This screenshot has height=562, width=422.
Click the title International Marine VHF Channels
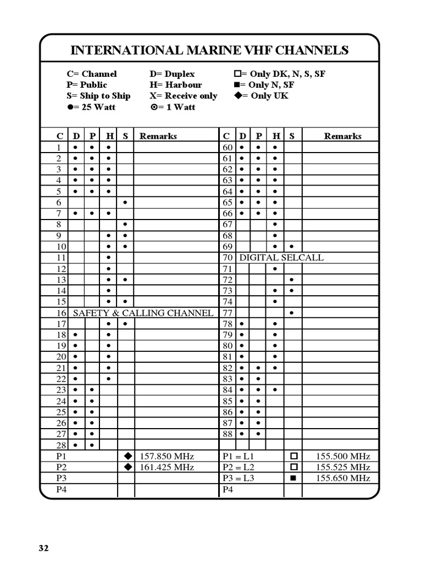[x=209, y=50]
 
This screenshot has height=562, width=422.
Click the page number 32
[x=44, y=548]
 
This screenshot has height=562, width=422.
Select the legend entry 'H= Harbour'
[x=175, y=85]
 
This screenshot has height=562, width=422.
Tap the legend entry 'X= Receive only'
[x=183, y=95]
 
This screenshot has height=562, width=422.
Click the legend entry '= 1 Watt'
[x=173, y=107]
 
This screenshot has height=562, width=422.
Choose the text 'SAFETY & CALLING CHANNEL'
[x=143, y=313]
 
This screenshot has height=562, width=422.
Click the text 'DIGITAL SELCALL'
[x=281, y=257]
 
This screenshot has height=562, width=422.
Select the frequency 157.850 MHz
[x=167, y=456]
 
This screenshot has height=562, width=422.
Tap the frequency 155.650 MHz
[x=343, y=478]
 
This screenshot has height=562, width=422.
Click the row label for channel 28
[x=61, y=445]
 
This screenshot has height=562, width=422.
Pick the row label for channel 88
[x=227, y=434]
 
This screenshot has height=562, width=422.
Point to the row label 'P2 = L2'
[x=238, y=467]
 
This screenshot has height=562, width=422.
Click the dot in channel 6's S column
[x=126, y=203]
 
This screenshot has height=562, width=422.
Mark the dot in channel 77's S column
[x=292, y=313]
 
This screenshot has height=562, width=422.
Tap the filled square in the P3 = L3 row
[x=293, y=478]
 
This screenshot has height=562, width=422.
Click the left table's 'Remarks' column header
[x=158, y=136]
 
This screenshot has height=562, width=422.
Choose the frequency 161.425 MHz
[x=167, y=467]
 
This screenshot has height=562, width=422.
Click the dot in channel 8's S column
[x=126, y=224]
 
